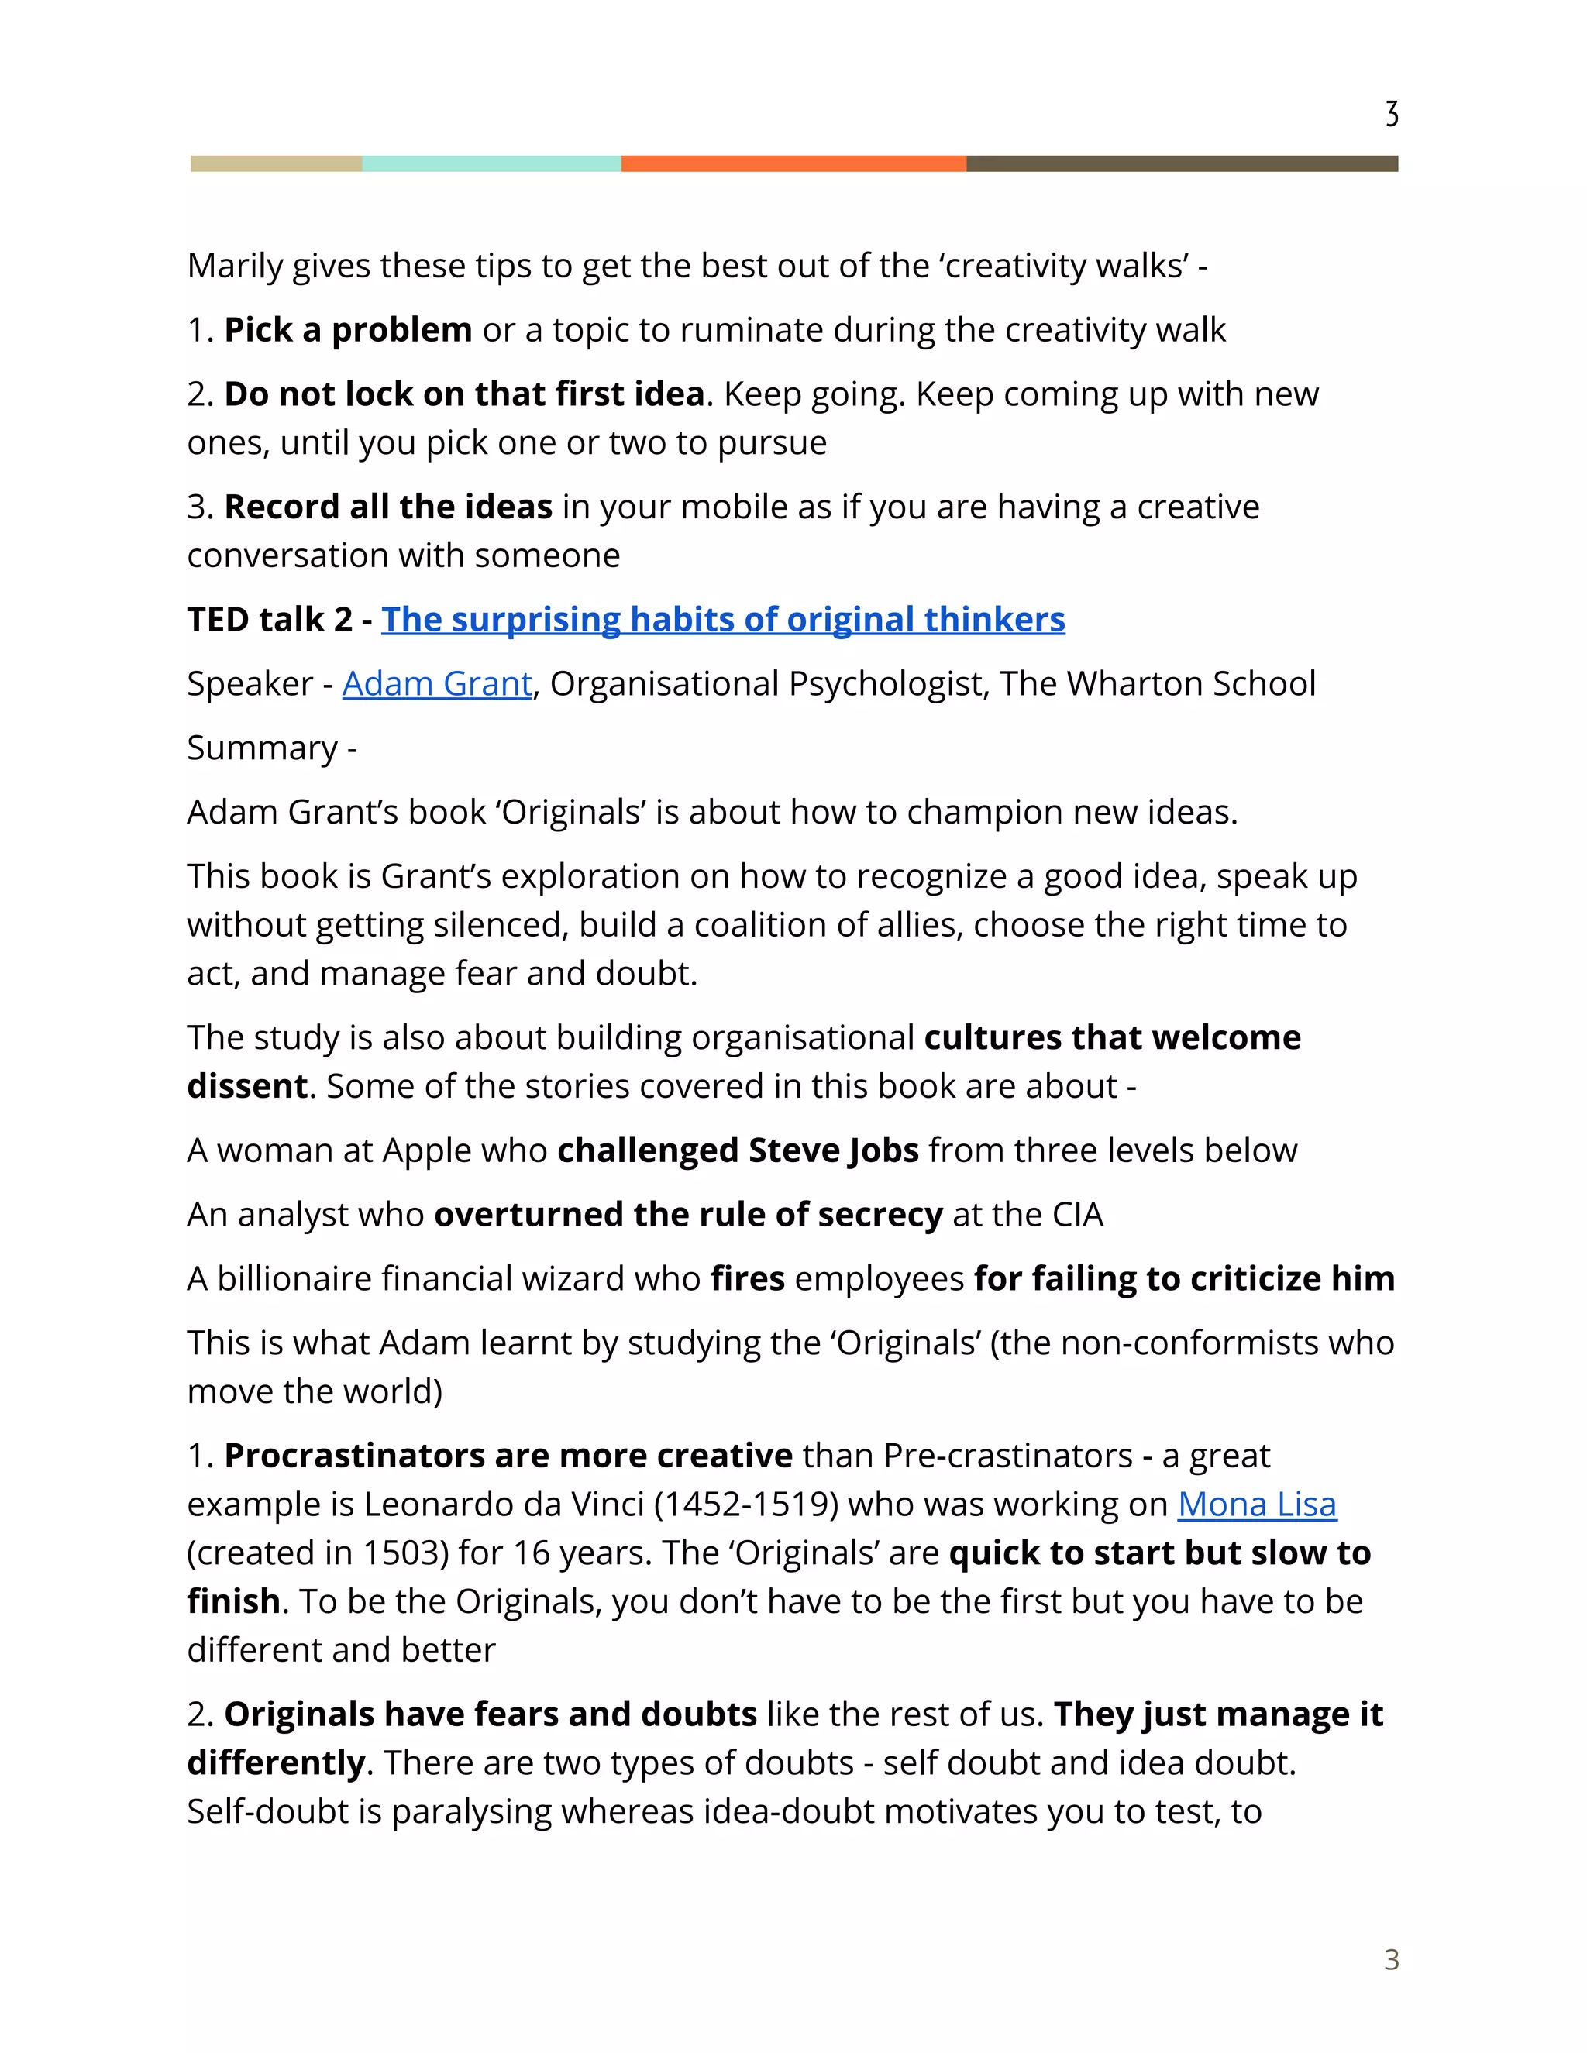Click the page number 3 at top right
coord(1392,114)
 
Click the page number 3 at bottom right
coord(1392,1959)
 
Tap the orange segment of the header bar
coord(793,163)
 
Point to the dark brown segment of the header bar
coord(1182,163)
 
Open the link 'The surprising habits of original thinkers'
coord(722,620)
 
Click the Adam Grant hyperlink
coord(436,683)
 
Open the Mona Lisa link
coord(1256,1504)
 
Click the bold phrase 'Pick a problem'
coord(348,330)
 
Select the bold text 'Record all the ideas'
coord(387,507)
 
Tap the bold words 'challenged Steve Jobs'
coord(737,1150)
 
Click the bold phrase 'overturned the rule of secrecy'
coord(688,1215)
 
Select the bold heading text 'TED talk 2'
coord(269,620)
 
